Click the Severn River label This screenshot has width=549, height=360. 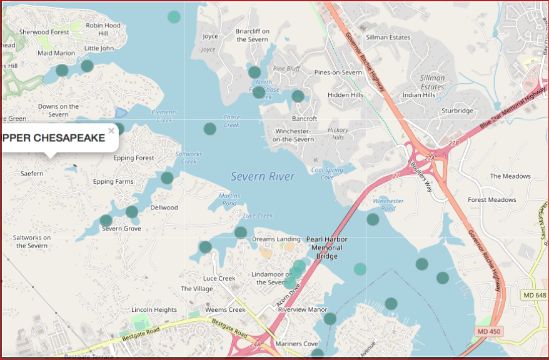(263, 177)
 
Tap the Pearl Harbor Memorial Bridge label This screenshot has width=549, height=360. (326, 247)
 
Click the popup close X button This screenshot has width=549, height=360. (111, 131)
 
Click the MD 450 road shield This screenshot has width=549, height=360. (488, 331)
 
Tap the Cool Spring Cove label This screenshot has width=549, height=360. (327, 173)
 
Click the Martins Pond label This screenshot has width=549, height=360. (229, 199)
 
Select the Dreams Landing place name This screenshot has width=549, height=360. (276, 239)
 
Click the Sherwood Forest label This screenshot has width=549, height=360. (44, 32)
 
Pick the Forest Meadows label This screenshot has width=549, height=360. (492, 200)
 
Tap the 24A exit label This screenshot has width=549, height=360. (254, 344)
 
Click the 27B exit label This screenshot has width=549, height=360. (453, 144)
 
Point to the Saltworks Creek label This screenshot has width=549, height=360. (189, 157)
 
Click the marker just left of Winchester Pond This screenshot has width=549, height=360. (373, 219)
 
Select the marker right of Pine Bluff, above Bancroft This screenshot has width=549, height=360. (298, 96)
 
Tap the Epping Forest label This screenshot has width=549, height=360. (133, 158)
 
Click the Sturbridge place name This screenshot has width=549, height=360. (458, 111)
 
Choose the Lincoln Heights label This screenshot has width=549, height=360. (154, 310)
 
